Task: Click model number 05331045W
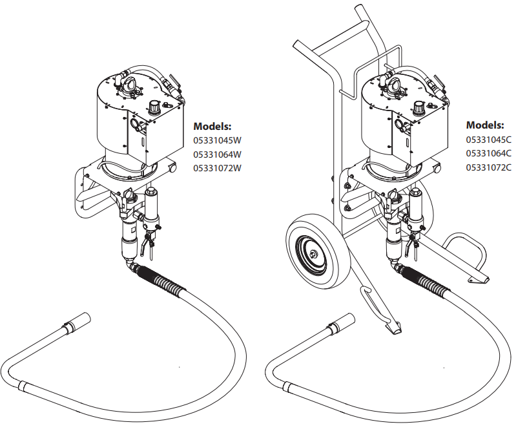coord(217,140)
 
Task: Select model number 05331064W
coord(217,154)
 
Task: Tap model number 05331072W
coord(217,168)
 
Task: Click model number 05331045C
coord(488,140)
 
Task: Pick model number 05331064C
coord(488,153)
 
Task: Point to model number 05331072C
coord(488,167)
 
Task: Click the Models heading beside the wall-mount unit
coord(212,127)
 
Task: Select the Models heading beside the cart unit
coord(485,125)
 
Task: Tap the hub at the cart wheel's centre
coord(315,255)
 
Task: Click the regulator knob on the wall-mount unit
coord(155,106)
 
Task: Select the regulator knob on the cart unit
coord(419,107)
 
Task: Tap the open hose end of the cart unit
coord(349,319)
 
